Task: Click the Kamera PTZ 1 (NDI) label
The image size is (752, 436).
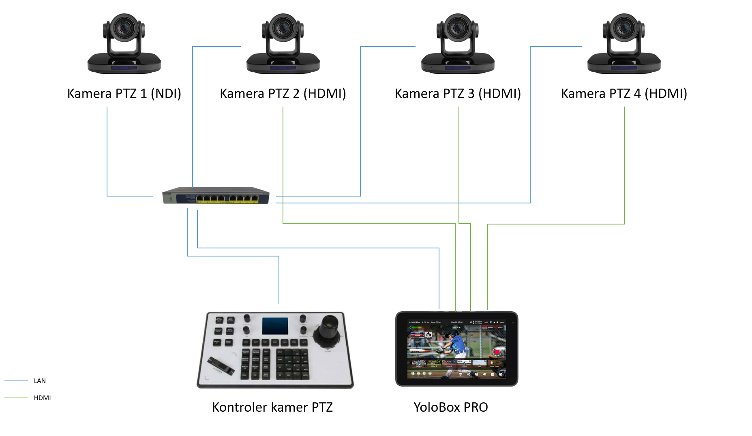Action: (x=124, y=94)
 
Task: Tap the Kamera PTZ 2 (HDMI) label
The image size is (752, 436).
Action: (x=283, y=94)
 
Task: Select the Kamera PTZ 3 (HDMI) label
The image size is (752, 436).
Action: (x=458, y=94)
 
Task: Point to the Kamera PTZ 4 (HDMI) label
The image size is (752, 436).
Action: (x=624, y=94)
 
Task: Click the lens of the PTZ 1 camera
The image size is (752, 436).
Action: (x=124, y=28)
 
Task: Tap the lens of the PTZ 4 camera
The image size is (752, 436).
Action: (x=624, y=28)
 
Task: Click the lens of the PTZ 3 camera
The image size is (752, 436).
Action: (x=458, y=28)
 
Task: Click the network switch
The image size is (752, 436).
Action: (x=216, y=195)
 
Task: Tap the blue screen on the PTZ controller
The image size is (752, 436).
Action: (x=275, y=326)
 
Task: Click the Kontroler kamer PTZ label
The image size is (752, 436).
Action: (x=272, y=407)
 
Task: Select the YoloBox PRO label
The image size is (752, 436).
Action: (x=451, y=407)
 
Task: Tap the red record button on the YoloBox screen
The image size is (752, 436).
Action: (x=497, y=352)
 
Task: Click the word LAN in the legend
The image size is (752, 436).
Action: (x=40, y=381)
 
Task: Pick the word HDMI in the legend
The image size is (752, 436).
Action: (x=42, y=398)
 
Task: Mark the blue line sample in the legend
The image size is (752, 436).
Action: (x=16, y=381)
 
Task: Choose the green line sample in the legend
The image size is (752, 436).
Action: (x=16, y=398)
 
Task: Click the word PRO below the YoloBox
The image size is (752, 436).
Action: (x=476, y=407)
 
